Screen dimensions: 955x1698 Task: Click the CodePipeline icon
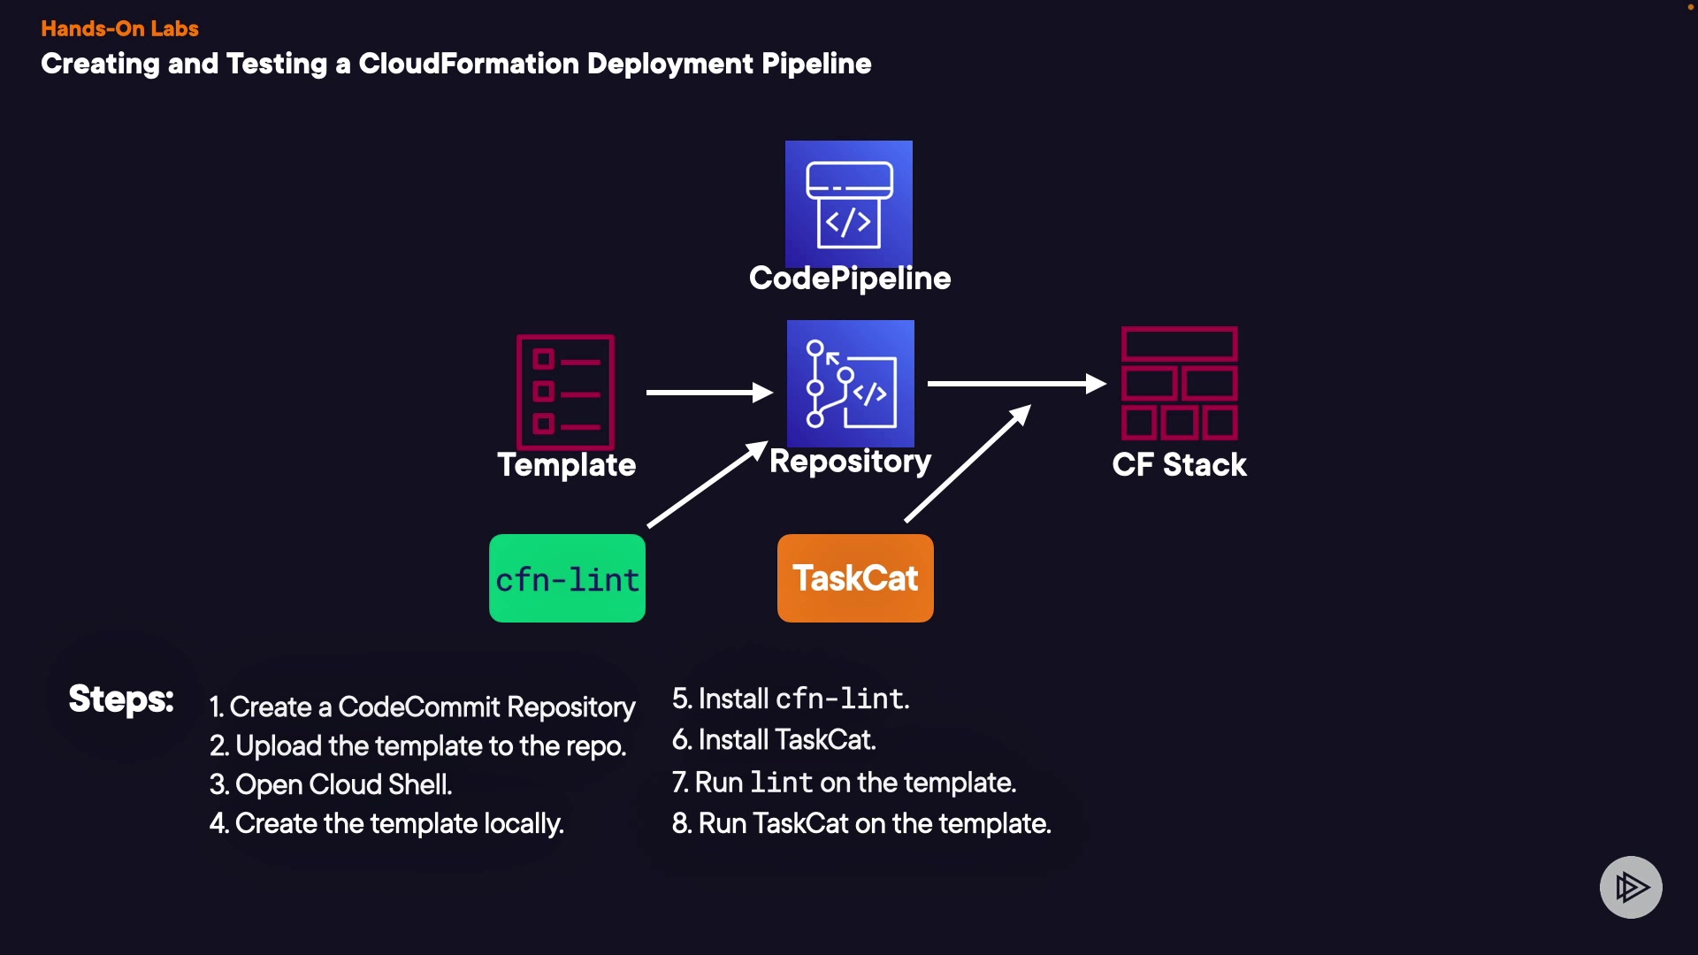[849, 203]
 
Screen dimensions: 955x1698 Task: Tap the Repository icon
[851, 383]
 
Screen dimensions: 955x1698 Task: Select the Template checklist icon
[566, 392]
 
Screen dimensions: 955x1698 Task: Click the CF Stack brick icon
[1179, 383]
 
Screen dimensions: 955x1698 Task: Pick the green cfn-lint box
[567, 578]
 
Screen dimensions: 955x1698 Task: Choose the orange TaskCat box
[855, 578]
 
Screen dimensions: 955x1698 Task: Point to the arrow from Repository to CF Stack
[1016, 384]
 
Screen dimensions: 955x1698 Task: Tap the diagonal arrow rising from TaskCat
[968, 463]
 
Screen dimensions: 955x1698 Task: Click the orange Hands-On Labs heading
[119, 28]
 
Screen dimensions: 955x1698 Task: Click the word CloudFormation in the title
[469, 64]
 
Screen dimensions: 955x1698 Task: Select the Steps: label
[121, 699]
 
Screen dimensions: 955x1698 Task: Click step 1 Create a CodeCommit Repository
[422, 707]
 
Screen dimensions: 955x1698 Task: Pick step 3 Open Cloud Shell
[331, 784]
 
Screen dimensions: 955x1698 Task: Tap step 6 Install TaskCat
[774, 739]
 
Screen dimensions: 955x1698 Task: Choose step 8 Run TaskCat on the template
[861, 823]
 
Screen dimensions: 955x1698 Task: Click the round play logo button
[1631, 887]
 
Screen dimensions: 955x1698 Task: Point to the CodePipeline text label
[850, 279]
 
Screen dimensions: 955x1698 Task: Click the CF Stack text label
[1179, 465]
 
